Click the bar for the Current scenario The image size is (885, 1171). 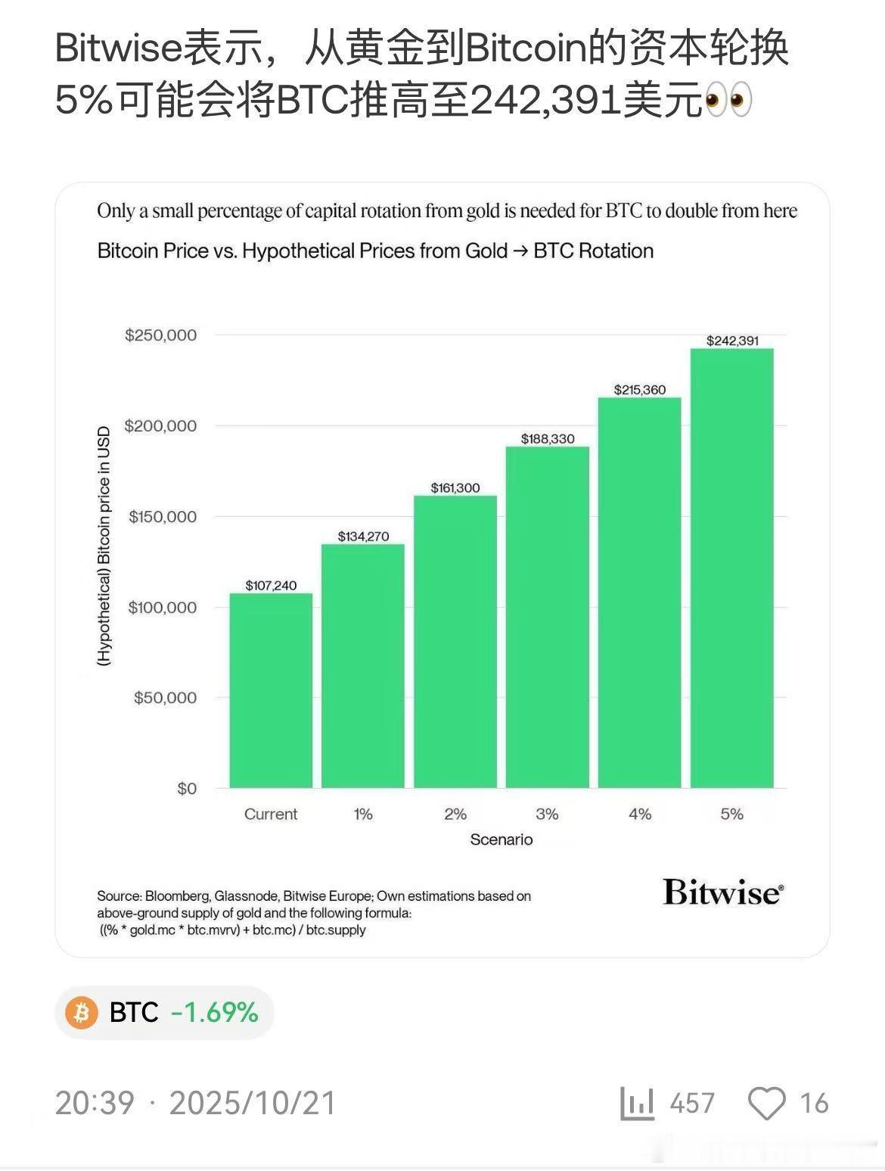pyautogui.click(x=271, y=690)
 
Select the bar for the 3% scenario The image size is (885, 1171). pyautogui.click(x=547, y=617)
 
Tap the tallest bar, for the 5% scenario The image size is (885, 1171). pyautogui.click(x=731, y=568)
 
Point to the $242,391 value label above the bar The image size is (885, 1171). pyautogui.click(x=732, y=341)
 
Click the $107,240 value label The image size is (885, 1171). pyautogui.click(x=271, y=585)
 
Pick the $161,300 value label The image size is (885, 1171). pyautogui.click(x=455, y=487)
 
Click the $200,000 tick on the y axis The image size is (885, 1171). pyautogui.click(x=160, y=425)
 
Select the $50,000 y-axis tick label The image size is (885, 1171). pyautogui.click(x=165, y=697)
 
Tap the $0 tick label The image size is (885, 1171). pyautogui.click(x=187, y=788)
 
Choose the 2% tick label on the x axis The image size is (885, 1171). pyautogui.click(x=455, y=814)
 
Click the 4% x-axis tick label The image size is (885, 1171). pyautogui.click(x=640, y=814)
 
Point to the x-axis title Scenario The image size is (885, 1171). pyautogui.click(x=501, y=839)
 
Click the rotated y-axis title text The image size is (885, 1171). pyautogui.click(x=104, y=546)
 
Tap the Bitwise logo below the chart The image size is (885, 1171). pyautogui.click(x=723, y=892)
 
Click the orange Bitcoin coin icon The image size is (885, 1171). pyautogui.click(x=82, y=1012)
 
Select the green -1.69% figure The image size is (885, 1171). pyautogui.click(x=215, y=1012)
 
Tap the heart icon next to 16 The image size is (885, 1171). pyautogui.click(x=766, y=1104)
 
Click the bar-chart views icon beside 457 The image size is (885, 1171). pyautogui.click(x=637, y=1104)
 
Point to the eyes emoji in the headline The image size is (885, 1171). pyautogui.click(x=728, y=101)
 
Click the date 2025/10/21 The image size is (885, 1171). pyautogui.click(x=253, y=1104)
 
